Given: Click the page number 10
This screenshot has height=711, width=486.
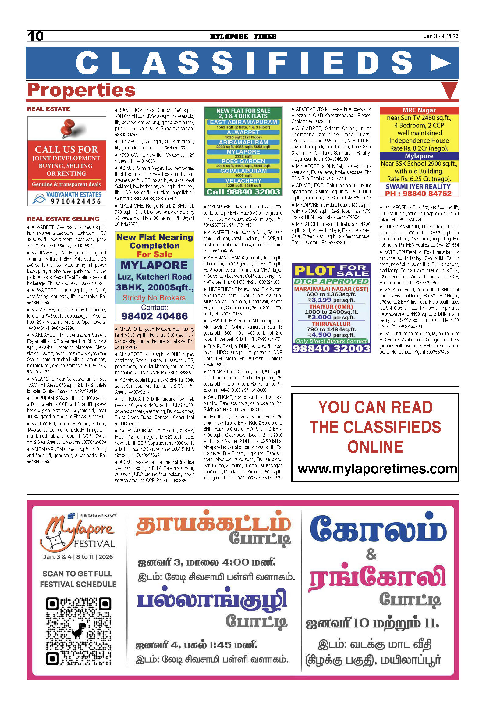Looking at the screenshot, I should click(x=35, y=36).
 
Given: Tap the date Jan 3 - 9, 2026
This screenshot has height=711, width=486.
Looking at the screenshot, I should click(x=441, y=36).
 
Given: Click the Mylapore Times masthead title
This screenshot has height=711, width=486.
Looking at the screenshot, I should click(x=243, y=37).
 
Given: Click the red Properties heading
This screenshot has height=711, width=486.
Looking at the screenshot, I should click(x=81, y=90).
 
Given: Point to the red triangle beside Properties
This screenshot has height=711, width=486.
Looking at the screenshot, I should click(x=449, y=90).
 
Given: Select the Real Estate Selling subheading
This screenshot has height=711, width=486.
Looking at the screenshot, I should click(x=63, y=219).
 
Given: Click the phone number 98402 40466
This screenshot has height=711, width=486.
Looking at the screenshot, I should click(x=154, y=316).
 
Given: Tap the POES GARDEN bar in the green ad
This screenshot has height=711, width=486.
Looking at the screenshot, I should click(x=243, y=161).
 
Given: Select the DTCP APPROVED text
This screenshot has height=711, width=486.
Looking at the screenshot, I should click(x=331, y=281).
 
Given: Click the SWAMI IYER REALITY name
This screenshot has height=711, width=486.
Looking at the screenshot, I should click(x=418, y=187).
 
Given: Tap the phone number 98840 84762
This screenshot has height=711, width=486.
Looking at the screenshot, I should click(x=418, y=194).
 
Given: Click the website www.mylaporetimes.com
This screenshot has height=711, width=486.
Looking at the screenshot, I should click(x=377, y=469).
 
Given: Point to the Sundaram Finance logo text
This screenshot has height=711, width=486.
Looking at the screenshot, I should click(x=98, y=516).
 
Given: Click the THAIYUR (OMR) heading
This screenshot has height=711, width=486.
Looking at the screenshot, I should click(x=331, y=307).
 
